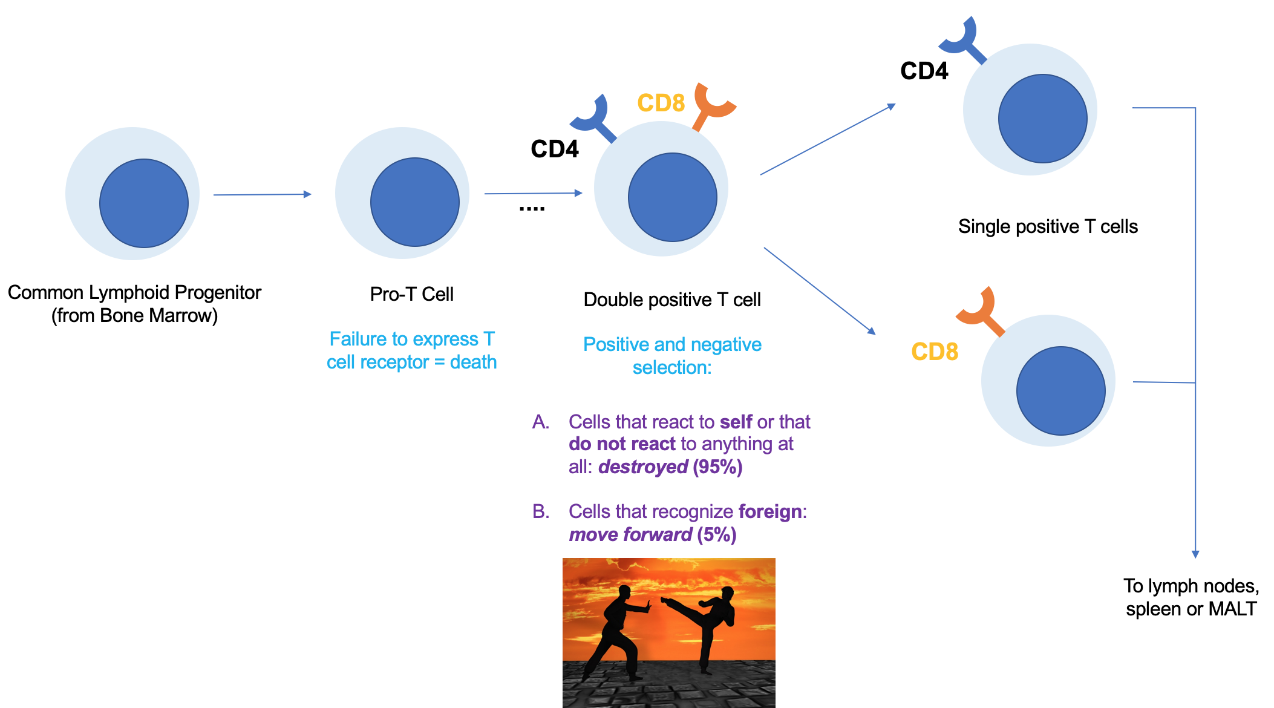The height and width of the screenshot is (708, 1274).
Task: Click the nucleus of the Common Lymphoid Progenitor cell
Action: (144, 203)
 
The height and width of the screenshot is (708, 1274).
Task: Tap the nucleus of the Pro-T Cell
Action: (415, 202)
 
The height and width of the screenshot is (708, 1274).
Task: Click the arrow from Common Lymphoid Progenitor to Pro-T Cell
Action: (262, 194)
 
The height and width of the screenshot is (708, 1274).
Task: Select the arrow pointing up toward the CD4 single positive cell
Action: (828, 140)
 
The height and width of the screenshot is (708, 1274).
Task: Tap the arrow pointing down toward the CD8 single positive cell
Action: (820, 290)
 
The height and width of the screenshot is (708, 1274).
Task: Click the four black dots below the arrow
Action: (532, 209)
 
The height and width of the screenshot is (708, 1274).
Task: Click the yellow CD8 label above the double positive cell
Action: (661, 103)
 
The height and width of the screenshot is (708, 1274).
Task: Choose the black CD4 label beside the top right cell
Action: (924, 71)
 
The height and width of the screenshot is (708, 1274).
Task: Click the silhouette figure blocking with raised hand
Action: (617, 629)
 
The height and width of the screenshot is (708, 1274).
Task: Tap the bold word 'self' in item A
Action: (736, 422)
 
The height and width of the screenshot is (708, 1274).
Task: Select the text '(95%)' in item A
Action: (717, 467)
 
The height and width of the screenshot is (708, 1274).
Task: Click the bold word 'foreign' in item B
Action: (770, 511)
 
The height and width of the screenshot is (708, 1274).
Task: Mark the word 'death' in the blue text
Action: (473, 362)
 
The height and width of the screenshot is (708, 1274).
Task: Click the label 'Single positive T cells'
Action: (1048, 226)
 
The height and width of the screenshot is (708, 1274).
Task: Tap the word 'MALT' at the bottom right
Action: (1232, 609)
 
